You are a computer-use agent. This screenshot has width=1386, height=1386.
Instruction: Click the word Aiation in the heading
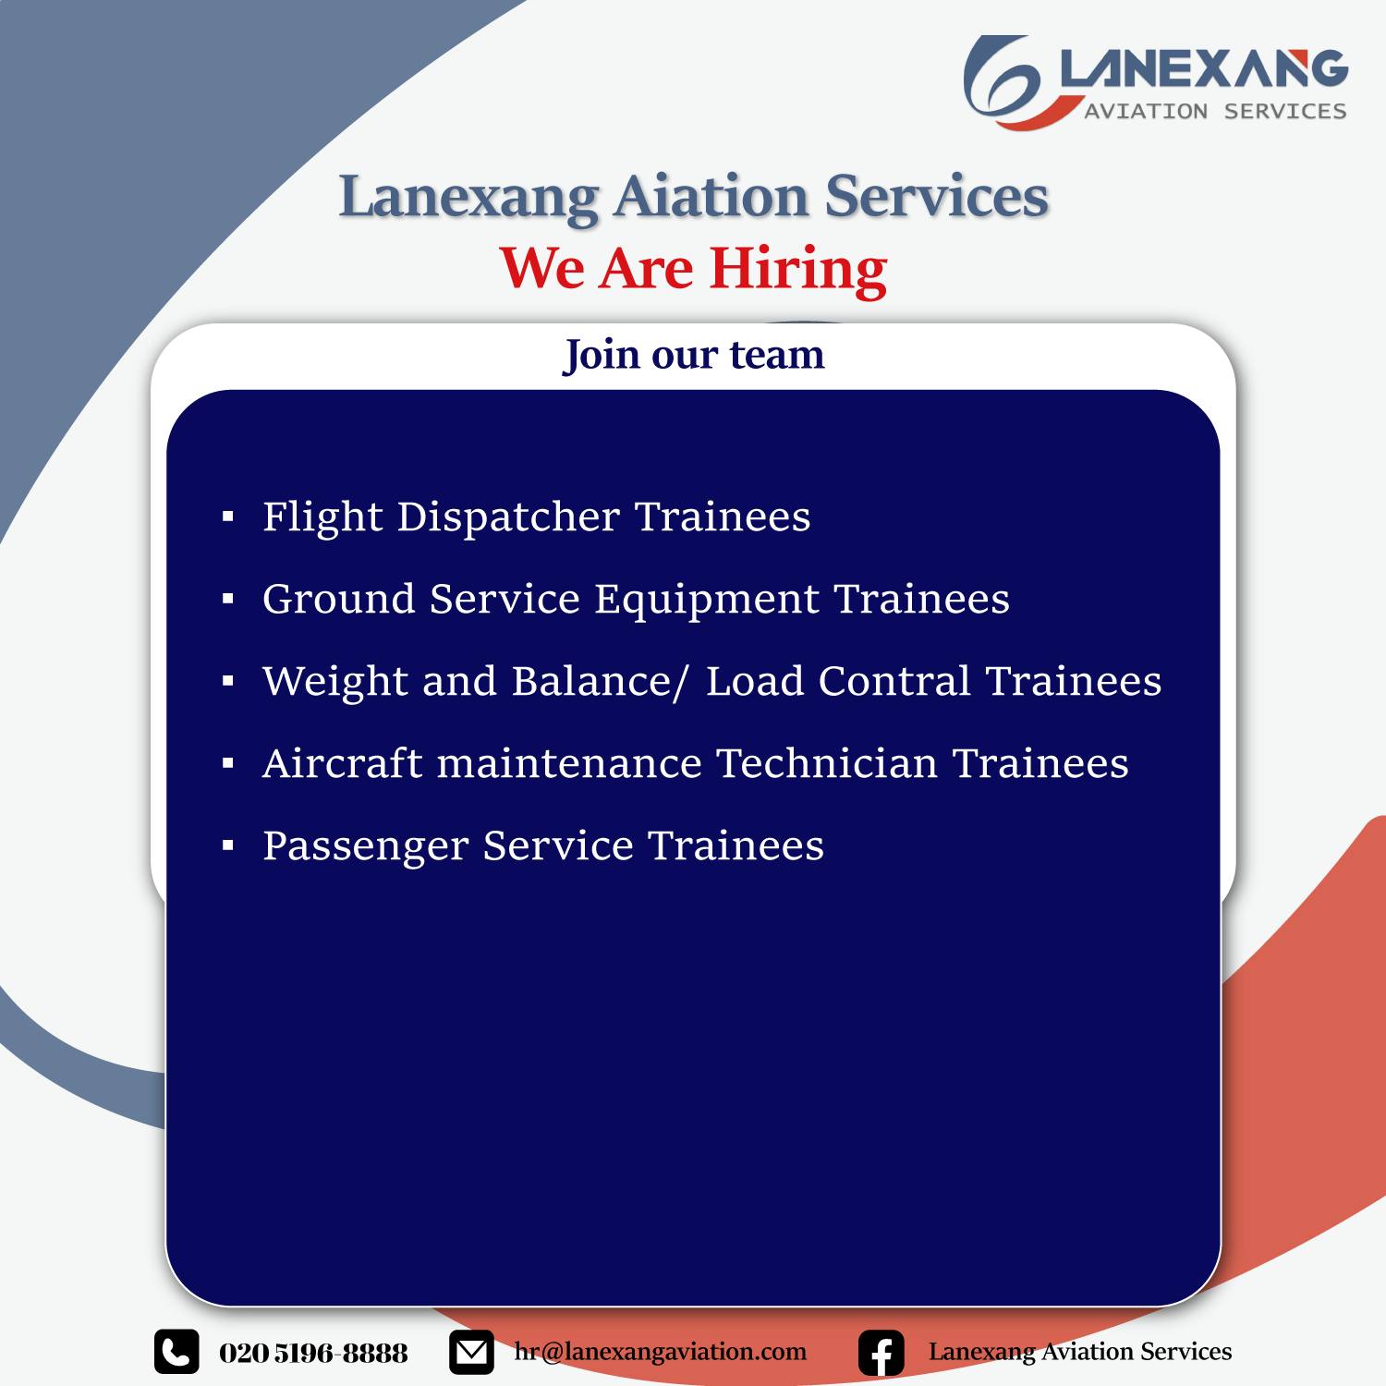pos(711,197)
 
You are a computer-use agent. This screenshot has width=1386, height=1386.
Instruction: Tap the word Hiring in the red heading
pos(798,271)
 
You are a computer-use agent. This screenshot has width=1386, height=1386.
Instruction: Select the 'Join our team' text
pos(694,355)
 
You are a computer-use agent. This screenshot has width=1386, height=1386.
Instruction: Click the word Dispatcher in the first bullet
pos(508,517)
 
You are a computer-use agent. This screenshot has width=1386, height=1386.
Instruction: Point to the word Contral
pos(894,682)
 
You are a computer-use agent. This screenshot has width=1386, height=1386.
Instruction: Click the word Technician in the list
pos(827,764)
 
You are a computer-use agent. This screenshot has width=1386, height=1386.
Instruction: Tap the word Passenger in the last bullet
pos(366,847)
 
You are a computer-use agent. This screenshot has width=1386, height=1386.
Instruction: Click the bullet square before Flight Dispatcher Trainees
pos(228,517)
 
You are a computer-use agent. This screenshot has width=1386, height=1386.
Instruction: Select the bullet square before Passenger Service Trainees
pos(228,846)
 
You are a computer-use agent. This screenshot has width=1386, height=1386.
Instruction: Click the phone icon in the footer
pos(176,1353)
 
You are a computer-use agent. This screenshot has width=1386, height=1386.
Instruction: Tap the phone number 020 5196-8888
pos(313,1354)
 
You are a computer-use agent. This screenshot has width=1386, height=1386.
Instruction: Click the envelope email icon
pos(471,1353)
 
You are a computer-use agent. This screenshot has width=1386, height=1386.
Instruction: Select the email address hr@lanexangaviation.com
pos(661,1352)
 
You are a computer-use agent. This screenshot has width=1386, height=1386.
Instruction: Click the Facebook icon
pos(881,1354)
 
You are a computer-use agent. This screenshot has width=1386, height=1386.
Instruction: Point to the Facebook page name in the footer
pos(1080,1352)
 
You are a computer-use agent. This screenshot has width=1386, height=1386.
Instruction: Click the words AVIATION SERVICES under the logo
pos(1215,111)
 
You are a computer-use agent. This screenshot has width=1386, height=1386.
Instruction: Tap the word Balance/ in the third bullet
pos(601,682)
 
